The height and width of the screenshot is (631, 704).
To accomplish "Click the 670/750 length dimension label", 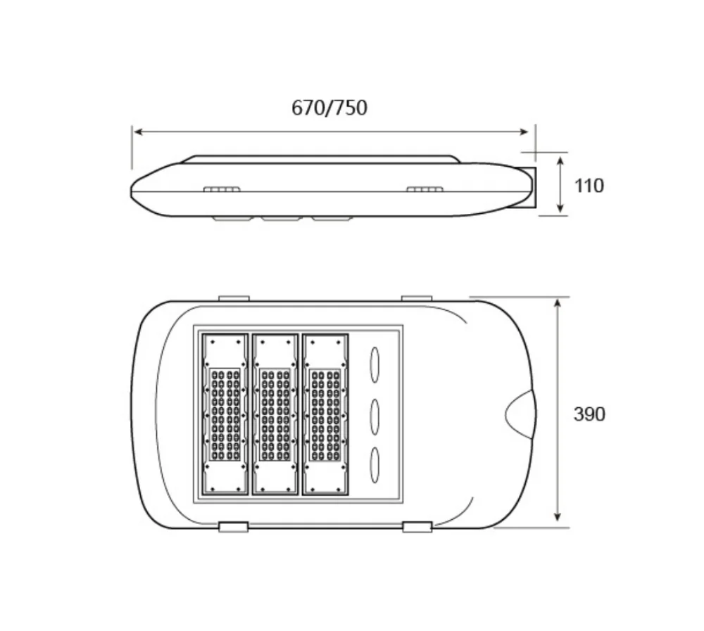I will (x=329, y=108).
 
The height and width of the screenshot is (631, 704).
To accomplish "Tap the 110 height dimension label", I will (x=589, y=186).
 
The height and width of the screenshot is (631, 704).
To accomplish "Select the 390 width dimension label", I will (x=589, y=414).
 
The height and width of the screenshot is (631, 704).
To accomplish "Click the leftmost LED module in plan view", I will (x=225, y=414).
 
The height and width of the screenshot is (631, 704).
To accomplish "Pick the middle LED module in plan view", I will (x=275, y=414).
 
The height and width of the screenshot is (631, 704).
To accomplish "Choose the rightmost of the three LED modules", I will (x=325, y=414).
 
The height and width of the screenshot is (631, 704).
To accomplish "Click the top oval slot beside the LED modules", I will (x=375, y=364).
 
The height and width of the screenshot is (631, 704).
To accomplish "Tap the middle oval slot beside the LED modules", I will (x=375, y=415).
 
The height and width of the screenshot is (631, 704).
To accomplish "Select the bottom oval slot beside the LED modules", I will (x=375, y=465).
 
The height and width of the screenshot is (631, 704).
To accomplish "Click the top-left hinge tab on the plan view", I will (x=234, y=298).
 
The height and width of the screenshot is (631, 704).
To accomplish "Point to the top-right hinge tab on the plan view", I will (x=417, y=298).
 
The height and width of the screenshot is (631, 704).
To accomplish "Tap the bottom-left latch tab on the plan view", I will (x=233, y=527).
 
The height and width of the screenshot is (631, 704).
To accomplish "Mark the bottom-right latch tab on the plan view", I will (x=417, y=527).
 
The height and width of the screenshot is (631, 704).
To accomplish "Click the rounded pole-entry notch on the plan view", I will (x=521, y=414).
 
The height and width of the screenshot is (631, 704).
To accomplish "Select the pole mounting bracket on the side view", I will (x=530, y=187).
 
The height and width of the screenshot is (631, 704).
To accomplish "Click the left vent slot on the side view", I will (x=222, y=189).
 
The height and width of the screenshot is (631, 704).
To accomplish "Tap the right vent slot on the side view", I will (x=425, y=189).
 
